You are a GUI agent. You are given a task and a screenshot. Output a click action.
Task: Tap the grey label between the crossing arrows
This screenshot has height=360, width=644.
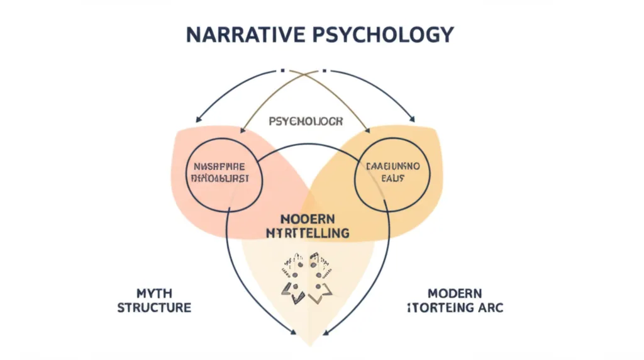(x=306, y=121)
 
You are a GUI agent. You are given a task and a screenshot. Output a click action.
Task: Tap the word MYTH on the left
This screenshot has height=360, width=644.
(x=153, y=294)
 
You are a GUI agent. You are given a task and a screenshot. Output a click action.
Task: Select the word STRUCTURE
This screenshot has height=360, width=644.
(x=153, y=308)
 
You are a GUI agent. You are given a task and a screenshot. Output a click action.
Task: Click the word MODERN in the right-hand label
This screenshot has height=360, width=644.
(x=455, y=294)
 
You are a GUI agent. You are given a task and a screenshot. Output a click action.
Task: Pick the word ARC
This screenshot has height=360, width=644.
(x=489, y=308)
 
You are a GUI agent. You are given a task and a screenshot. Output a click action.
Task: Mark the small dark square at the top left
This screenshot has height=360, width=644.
(x=284, y=70)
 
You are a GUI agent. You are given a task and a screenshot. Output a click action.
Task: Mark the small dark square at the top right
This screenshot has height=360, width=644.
(x=326, y=70)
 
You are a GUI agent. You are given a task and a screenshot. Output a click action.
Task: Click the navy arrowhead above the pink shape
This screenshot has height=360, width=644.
(x=199, y=119)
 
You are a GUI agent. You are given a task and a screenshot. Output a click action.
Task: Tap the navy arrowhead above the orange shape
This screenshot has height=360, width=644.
(x=412, y=118)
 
